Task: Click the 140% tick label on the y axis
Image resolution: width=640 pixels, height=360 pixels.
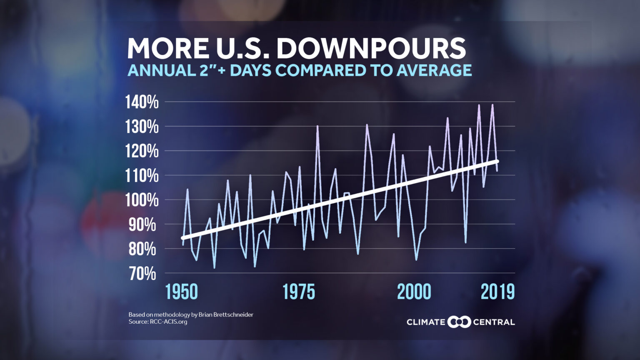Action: coord(142,102)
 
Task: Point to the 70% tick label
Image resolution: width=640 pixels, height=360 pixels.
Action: coord(142,274)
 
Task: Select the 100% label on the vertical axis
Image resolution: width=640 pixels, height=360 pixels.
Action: coord(142,200)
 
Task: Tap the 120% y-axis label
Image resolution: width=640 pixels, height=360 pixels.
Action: coord(142,151)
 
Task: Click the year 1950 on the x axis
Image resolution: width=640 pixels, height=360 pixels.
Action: coord(181,292)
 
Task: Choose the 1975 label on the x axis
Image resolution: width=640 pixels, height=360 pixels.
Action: coord(299,292)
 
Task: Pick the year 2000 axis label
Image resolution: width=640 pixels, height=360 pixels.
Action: coord(414,292)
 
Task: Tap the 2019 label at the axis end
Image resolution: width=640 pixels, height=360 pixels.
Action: coord(497,292)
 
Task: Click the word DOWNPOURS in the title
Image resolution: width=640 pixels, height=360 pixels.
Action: coord(371,48)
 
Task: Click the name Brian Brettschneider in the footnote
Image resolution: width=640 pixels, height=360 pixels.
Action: coord(226,315)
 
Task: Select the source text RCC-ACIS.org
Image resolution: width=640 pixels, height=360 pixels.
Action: coord(168,322)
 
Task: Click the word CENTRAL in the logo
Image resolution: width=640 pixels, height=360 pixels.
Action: coord(494,322)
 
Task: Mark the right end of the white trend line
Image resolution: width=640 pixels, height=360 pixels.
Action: coord(497,161)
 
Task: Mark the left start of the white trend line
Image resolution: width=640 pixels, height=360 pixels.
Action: coord(182,238)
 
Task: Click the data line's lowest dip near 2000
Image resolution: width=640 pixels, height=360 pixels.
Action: coord(416,260)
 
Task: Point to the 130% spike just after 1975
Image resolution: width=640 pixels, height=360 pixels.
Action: coord(317,126)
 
